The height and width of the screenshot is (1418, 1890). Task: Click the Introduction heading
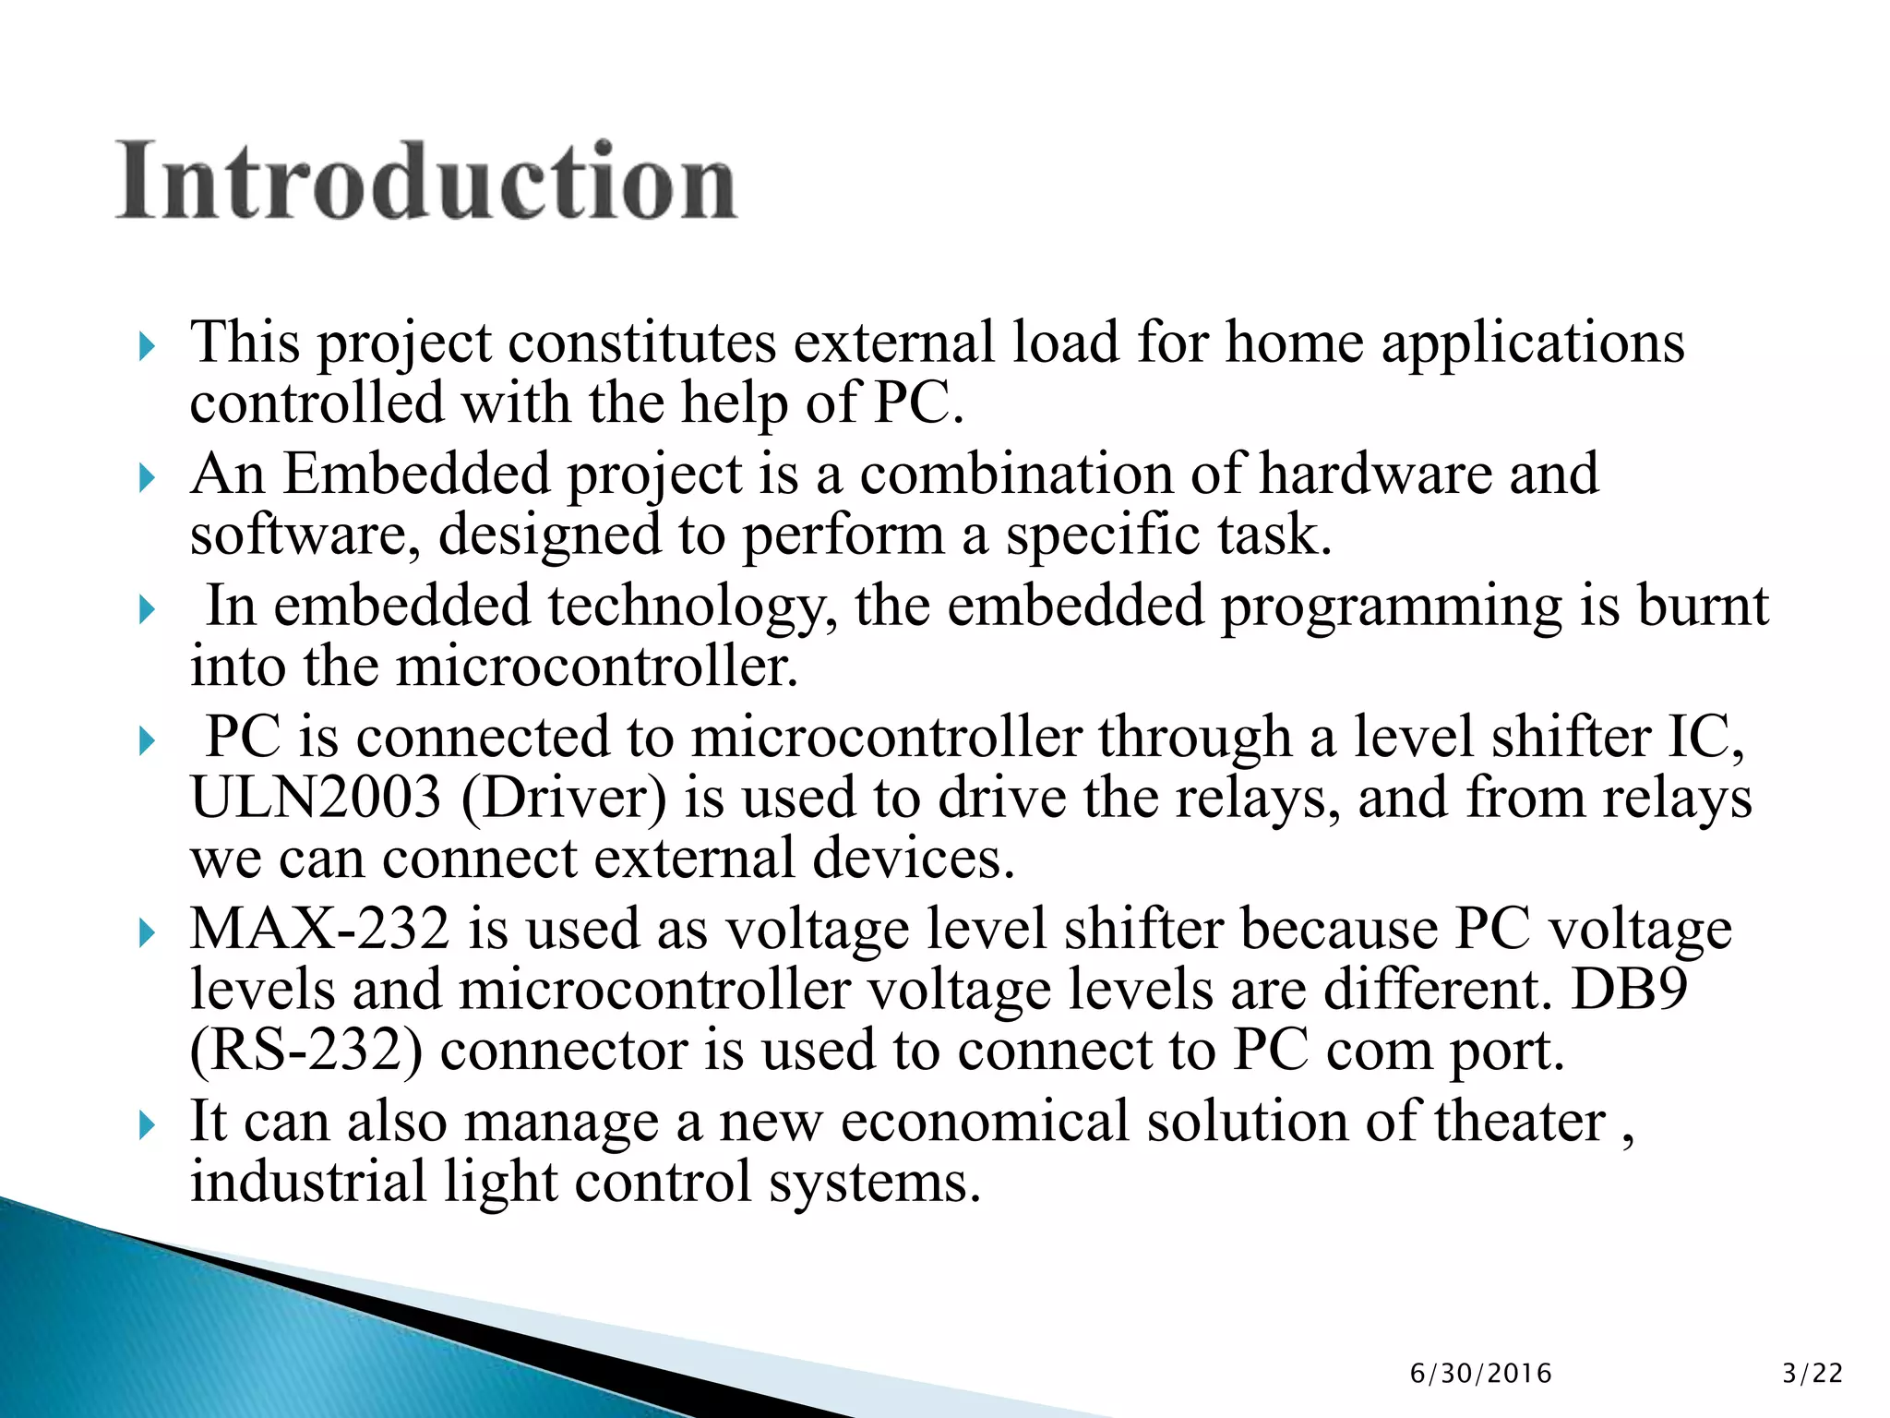pos(426,182)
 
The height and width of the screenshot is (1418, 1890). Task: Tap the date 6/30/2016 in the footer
pos(1480,1374)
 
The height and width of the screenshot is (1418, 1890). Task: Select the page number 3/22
pos(1812,1374)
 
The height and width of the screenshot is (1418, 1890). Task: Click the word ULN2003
pos(316,798)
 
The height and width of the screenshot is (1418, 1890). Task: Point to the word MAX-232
pos(319,929)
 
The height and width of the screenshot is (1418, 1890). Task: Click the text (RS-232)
pos(306,1051)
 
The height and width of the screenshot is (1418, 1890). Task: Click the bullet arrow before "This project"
pos(147,348)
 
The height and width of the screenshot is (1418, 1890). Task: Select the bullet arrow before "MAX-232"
pos(147,933)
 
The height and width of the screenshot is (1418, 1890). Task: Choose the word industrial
pos(307,1183)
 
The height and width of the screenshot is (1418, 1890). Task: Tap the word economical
pos(985,1122)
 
